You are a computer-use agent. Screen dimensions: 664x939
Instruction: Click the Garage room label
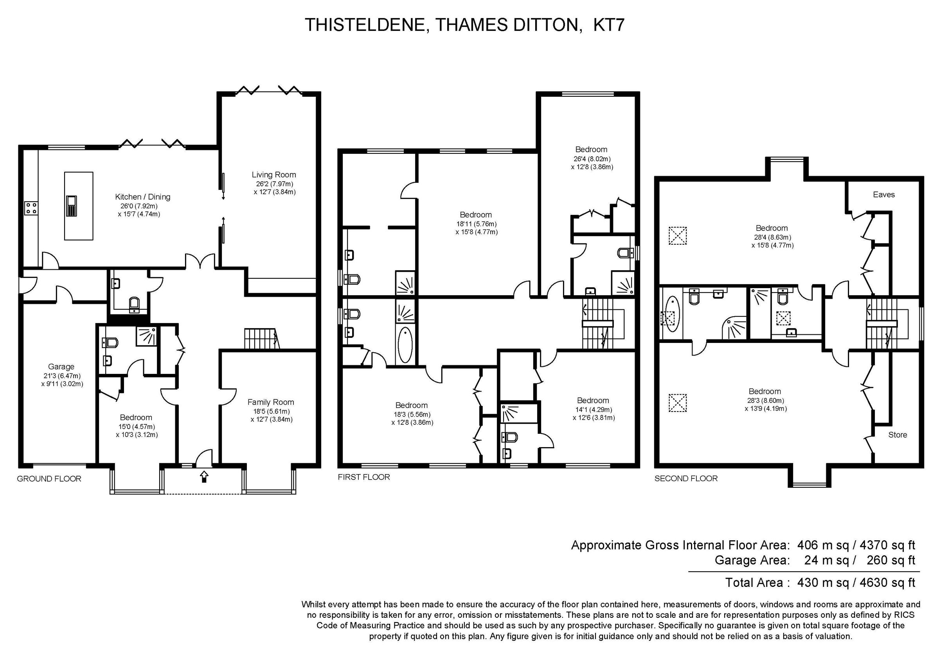tap(61, 367)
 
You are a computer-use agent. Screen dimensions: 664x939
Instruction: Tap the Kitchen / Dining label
tap(142, 197)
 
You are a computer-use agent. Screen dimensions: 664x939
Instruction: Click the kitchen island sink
tap(72, 206)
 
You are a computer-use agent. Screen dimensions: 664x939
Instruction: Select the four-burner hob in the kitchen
tap(31, 208)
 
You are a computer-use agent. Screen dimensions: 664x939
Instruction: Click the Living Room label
tap(273, 175)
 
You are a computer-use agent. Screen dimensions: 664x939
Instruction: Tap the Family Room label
tap(270, 402)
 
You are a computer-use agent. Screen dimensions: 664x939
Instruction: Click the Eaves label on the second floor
tap(884, 195)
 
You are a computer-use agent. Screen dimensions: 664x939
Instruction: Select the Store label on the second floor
tap(897, 435)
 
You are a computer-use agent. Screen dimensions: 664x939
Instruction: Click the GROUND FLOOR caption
tap(49, 479)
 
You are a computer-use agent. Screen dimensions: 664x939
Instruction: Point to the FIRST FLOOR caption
tap(363, 477)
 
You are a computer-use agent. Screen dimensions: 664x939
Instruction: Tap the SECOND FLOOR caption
tap(686, 479)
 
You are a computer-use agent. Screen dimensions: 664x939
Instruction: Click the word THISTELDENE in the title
tap(367, 25)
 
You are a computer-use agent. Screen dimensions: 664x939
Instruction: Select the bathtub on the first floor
tap(405, 345)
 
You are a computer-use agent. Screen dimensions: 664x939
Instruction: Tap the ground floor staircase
tap(262, 338)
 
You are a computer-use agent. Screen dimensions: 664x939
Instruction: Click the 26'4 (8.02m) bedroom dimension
tap(592, 159)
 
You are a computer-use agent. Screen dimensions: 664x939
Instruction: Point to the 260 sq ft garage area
tap(890, 560)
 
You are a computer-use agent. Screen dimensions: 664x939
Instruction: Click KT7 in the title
tap(608, 25)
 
